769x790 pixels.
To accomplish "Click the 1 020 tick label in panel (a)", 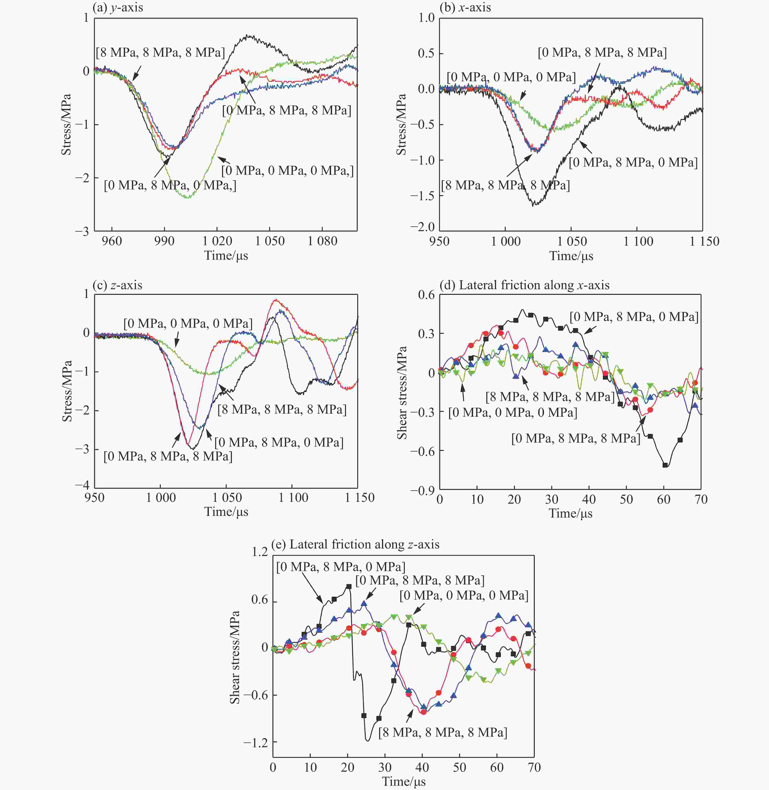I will coord(217,241).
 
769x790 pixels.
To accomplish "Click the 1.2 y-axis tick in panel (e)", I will coord(260,552).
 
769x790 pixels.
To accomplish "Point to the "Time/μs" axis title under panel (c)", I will coord(226,512).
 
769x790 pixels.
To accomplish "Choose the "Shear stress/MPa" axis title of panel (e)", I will coord(235,657).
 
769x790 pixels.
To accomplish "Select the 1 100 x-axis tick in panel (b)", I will coord(638,241).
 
